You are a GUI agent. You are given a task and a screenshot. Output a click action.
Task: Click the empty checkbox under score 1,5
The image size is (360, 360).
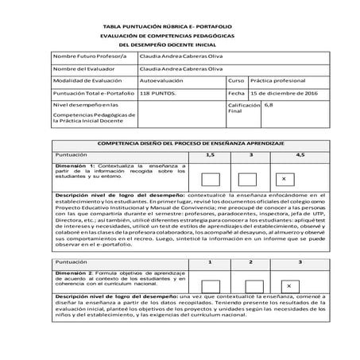pyautogui.click(x=211, y=179)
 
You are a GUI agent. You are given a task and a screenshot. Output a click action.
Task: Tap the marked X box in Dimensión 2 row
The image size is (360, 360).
pyautogui.click(x=288, y=285)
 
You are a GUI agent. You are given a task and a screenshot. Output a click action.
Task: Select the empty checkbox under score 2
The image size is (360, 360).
pyautogui.click(x=248, y=285)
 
